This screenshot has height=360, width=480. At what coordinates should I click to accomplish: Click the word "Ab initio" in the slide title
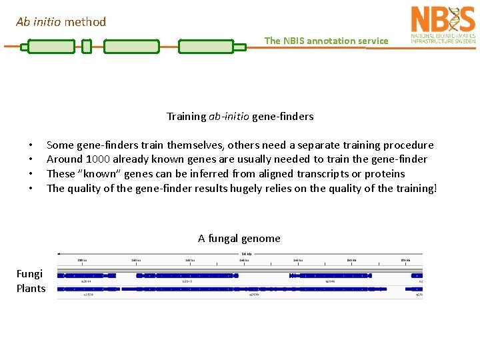click(x=39, y=22)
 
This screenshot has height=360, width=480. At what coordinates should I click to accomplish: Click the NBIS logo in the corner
click(x=443, y=25)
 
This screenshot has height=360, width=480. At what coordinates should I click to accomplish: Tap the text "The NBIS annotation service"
click(x=326, y=41)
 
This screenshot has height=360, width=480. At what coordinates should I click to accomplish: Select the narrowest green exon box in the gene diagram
click(x=86, y=47)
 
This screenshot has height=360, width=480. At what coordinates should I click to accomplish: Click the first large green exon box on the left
click(x=51, y=47)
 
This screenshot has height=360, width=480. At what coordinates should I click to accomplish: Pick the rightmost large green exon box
click(x=205, y=47)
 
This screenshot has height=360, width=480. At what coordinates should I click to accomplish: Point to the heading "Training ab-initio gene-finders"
click(x=240, y=117)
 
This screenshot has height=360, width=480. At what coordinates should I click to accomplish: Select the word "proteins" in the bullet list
click(x=385, y=174)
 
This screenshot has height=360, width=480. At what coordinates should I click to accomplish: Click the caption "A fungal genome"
click(x=239, y=239)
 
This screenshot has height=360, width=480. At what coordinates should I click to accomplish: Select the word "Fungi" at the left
click(x=29, y=274)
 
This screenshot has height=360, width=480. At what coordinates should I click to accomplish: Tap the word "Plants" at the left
click(x=31, y=289)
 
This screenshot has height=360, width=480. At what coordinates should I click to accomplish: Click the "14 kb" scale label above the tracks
click(x=246, y=254)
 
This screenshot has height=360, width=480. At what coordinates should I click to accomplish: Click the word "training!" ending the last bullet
click(x=413, y=189)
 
